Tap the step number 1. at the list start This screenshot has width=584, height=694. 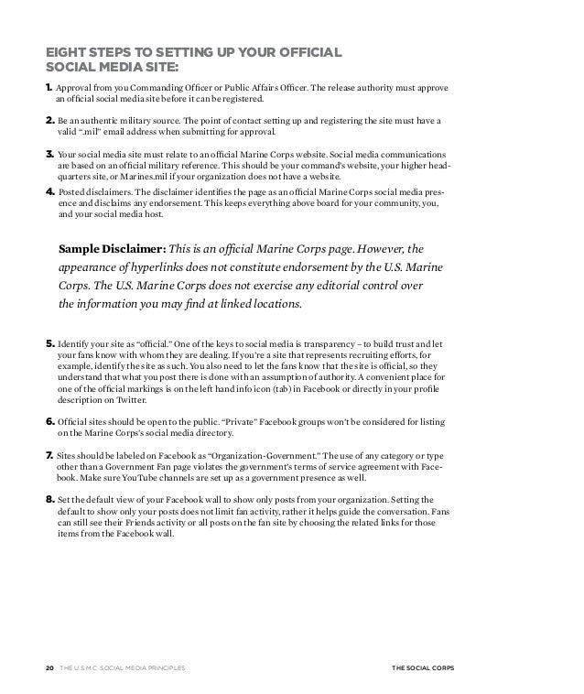50,88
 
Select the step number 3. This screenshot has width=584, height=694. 50,156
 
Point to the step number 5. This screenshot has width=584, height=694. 50,344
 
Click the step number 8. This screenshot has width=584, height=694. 50,499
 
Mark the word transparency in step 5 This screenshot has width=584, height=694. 301,344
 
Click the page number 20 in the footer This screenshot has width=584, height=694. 49,668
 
